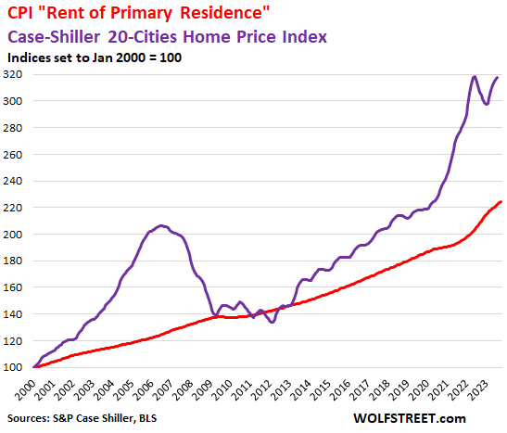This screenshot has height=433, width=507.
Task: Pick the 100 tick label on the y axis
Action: [17, 367]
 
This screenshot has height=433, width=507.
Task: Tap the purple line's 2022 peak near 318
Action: [475, 76]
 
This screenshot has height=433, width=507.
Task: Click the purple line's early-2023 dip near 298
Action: [487, 104]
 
